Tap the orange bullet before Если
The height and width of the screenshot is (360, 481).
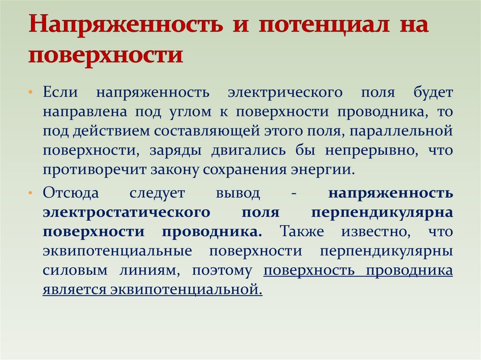(x=30, y=92)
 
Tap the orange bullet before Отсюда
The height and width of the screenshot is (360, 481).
(x=30, y=193)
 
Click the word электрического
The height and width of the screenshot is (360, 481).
(x=285, y=92)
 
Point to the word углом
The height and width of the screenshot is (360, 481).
(x=191, y=112)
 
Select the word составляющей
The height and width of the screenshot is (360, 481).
(x=207, y=131)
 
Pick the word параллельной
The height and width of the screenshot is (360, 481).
(x=401, y=131)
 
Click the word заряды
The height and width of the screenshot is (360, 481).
(x=176, y=151)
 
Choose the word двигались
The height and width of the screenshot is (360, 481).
(x=249, y=151)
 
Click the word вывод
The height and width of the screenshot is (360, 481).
(x=238, y=193)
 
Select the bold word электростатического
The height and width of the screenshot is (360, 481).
(x=126, y=213)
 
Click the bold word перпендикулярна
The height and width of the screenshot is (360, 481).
(x=382, y=213)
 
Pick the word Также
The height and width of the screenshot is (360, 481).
(x=302, y=231)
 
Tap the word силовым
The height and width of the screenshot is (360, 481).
(x=75, y=271)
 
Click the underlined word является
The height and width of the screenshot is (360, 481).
(x=75, y=290)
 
